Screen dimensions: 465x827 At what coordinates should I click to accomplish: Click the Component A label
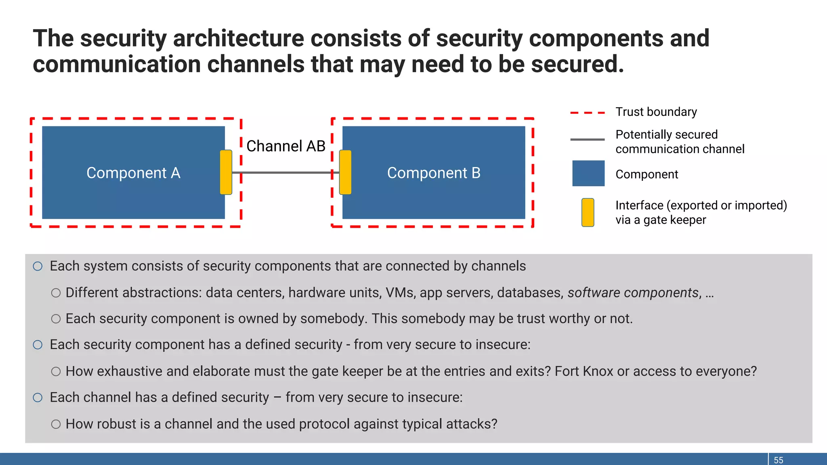tap(133, 173)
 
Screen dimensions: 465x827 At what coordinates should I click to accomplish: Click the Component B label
tap(434, 173)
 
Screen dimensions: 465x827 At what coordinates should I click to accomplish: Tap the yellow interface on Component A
tap(226, 172)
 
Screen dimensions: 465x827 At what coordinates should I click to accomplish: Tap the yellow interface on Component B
tap(345, 172)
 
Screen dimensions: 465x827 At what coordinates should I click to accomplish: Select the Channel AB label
tap(286, 146)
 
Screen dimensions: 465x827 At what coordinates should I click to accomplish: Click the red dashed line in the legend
tap(588, 113)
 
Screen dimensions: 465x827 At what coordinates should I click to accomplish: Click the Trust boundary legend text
tap(656, 112)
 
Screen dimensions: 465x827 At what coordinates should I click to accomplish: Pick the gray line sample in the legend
tap(588, 140)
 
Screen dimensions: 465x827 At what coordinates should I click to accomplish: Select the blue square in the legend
tap(588, 174)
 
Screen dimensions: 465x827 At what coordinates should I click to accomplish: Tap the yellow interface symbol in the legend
tap(588, 212)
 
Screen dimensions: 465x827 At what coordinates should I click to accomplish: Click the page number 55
tap(779, 460)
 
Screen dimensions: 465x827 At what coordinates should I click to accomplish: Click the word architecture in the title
tap(238, 39)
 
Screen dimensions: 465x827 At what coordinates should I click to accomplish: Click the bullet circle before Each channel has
tap(38, 398)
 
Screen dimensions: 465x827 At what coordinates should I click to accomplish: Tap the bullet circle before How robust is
tap(56, 424)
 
